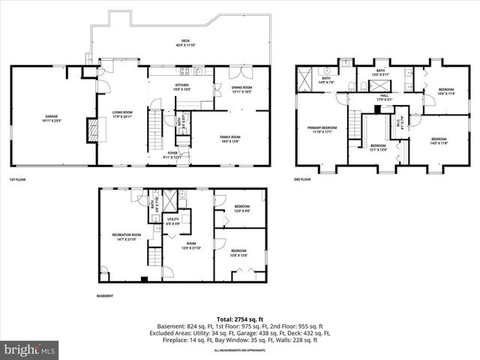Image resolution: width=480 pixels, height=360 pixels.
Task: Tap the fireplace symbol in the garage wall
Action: (x=93, y=130)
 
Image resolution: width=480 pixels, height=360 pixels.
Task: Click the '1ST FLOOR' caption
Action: (x=19, y=180)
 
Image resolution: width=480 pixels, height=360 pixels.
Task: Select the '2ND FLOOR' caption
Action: (x=303, y=180)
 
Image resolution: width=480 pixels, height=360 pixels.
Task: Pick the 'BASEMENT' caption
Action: (x=105, y=296)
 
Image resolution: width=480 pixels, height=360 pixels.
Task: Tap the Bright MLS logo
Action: (x=30, y=350)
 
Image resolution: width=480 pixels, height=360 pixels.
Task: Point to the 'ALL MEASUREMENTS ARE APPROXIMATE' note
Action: (x=239, y=351)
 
